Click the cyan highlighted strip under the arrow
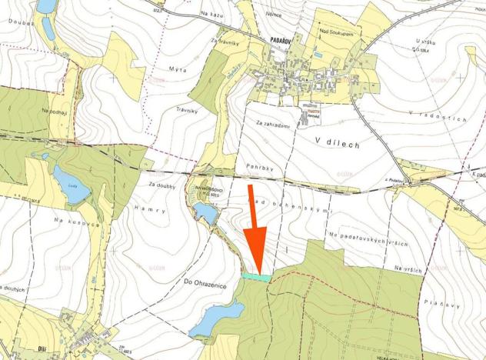256,277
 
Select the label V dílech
338,141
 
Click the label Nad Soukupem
335,32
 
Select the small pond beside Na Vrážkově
205,213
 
